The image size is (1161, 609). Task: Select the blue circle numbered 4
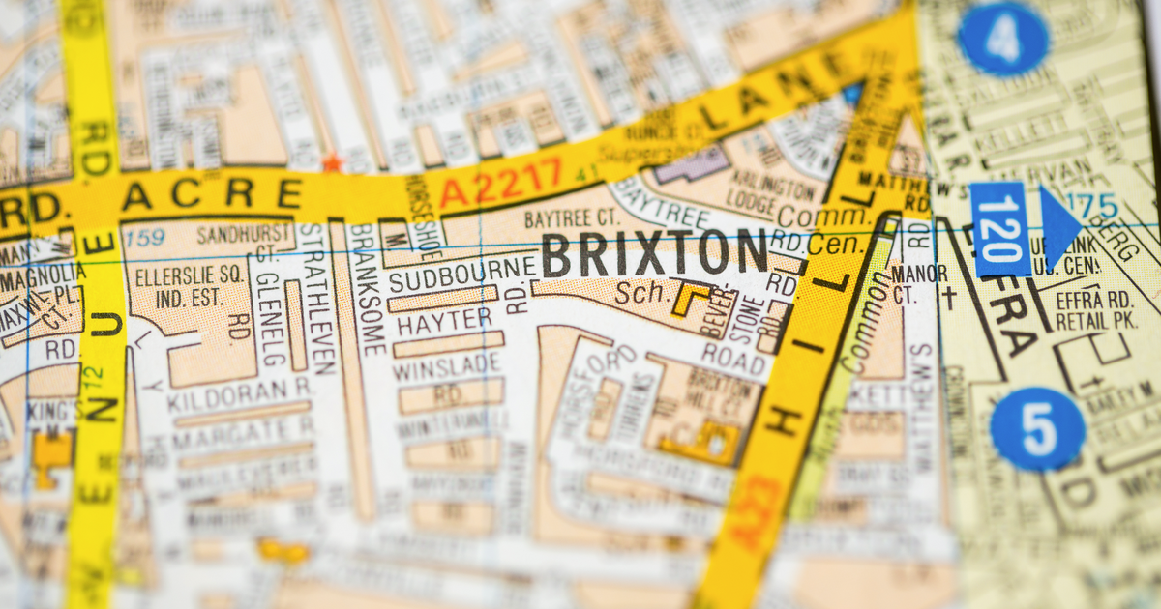point(1003,40)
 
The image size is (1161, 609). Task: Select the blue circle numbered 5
point(1038,428)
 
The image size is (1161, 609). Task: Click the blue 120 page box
point(1000,229)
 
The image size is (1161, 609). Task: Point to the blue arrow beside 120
point(1059,228)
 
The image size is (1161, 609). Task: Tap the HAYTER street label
point(444,320)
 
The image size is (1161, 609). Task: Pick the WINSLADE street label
point(448,366)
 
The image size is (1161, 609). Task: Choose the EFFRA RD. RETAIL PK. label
point(1094,309)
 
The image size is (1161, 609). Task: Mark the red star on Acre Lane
point(332,163)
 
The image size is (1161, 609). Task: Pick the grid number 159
point(145,236)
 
